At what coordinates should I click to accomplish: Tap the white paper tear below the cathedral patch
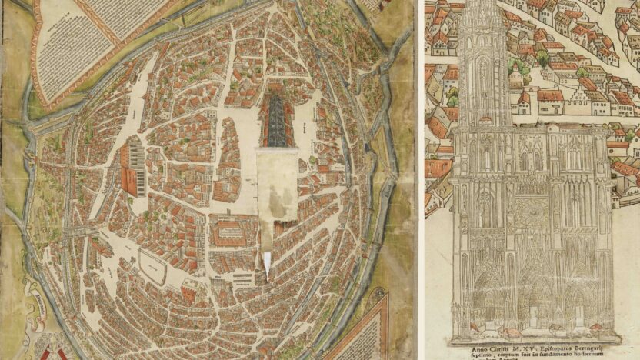pos(266,265)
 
